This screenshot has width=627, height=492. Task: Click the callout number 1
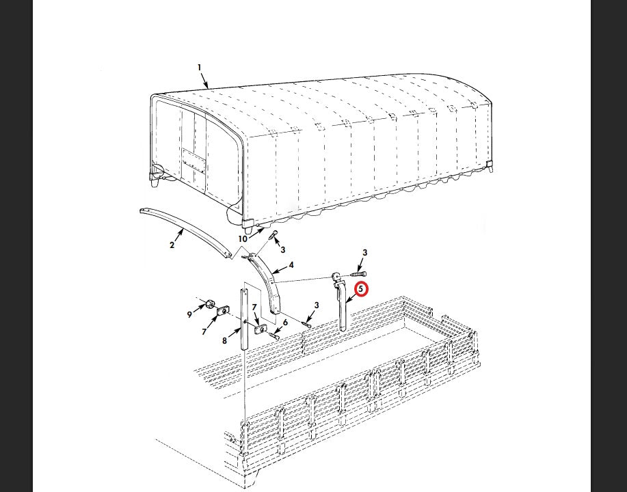pyautogui.click(x=199, y=68)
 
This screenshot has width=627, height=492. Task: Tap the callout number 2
pyautogui.click(x=172, y=245)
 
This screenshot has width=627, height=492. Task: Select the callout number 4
pyautogui.click(x=291, y=264)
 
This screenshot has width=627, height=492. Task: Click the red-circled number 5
pyautogui.click(x=361, y=289)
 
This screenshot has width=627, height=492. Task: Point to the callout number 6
pyautogui.click(x=285, y=323)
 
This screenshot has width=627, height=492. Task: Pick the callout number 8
pyautogui.click(x=224, y=340)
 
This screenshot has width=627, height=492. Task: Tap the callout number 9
pyautogui.click(x=189, y=314)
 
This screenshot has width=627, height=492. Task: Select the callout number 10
pyautogui.click(x=243, y=239)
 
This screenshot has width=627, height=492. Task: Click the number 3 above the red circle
pyautogui.click(x=364, y=253)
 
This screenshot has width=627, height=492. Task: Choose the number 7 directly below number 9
pyautogui.click(x=204, y=331)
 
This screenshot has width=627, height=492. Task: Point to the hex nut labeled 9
pyautogui.click(x=210, y=304)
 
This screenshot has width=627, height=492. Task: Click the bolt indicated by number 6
pyautogui.click(x=275, y=336)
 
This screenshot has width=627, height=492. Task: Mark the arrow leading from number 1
pyautogui.click(x=204, y=80)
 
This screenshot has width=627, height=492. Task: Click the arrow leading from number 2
pyautogui.click(x=178, y=234)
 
